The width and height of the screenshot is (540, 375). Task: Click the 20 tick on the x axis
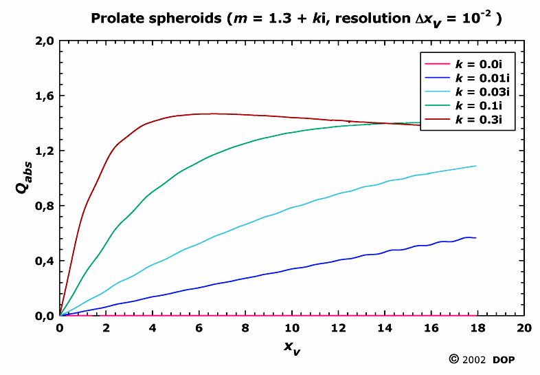524,328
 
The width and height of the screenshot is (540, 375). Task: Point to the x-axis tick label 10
292,328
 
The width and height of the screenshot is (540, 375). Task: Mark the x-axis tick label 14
385,328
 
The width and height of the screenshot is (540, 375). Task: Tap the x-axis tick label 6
199,328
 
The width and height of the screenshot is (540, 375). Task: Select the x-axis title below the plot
291,347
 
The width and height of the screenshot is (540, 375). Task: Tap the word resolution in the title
354,19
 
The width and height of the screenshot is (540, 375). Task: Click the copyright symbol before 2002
453,359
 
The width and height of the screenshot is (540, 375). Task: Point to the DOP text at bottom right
504,360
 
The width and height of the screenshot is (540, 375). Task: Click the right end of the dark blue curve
475,237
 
